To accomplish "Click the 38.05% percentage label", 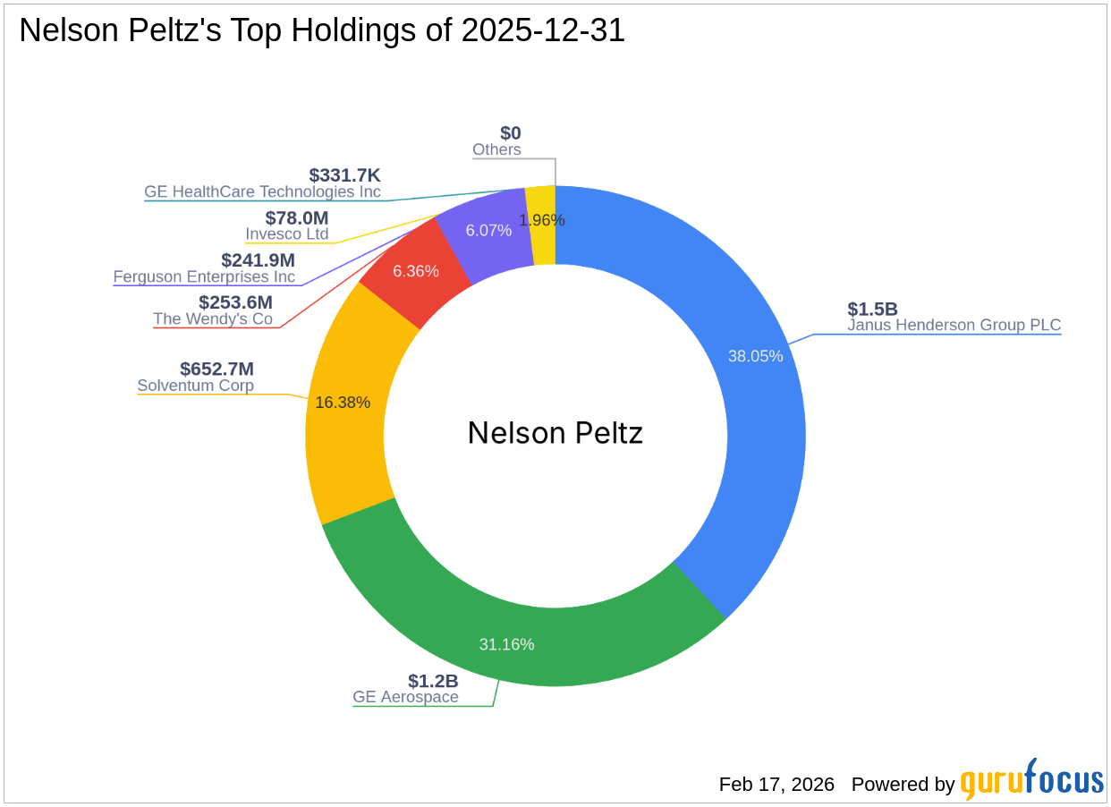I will coord(755,356).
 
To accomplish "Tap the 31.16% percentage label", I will coord(506,644).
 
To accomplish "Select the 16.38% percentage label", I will coord(343,403).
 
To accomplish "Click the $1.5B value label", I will coord(872,310).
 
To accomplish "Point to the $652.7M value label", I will coord(216,370).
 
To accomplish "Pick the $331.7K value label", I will coord(344,175).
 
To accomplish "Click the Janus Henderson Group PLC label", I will coord(954,326).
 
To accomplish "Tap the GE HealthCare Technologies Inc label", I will coord(262,191).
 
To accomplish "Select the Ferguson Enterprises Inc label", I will coord(204,277).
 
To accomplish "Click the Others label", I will coord(496,150).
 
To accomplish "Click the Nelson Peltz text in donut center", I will coord(555,434).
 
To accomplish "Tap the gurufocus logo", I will coord(1031,781).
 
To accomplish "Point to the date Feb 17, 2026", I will coord(776,785).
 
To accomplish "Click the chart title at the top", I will coord(322,31).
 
